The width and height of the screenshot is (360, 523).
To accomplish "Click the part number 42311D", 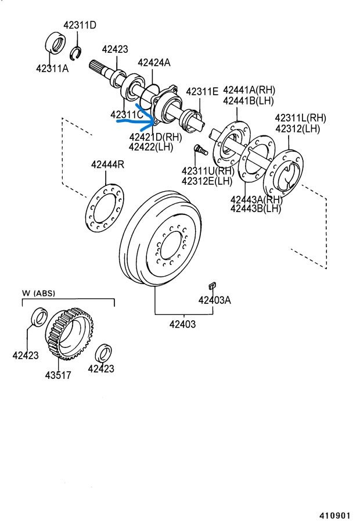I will (80, 25).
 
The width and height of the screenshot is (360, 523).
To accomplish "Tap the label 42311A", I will (52, 68).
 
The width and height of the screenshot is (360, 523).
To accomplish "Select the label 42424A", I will (154, 62).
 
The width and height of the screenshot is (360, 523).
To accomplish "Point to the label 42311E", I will (202, 91).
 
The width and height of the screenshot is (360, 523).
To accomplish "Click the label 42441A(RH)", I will (249, 90).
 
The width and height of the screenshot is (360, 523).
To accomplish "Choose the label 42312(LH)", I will (297, 128).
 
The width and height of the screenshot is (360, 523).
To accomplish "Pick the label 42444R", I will (107, 164).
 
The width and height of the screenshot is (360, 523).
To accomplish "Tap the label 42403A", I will (214, 300).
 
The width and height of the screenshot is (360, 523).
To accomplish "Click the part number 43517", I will (58, 375).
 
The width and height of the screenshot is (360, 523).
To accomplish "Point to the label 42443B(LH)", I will (255, 209).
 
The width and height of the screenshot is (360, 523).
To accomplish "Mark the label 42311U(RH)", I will (208, 171).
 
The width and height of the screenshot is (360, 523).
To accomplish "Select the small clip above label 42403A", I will (212, 285).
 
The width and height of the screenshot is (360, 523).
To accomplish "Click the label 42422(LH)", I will (151, 147).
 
